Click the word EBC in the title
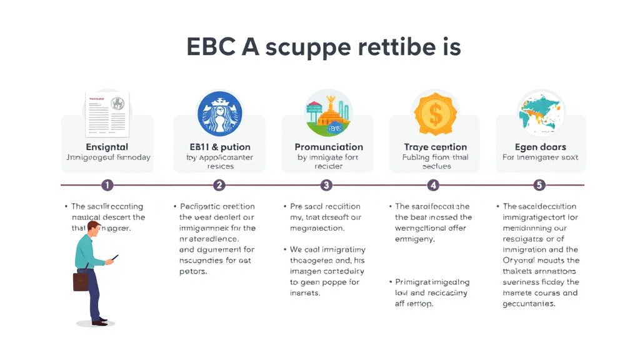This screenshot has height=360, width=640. pyautogui.click(x=211, y=47)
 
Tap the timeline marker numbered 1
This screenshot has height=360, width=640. pyautogui.click(x=107, y=185)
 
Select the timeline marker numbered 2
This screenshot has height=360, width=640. pyautogui.click(x=219, y=185)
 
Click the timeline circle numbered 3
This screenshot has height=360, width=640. pyautogui.click(x=326, y=185)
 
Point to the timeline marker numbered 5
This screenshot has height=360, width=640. pyautogui.click(x=539, y=185)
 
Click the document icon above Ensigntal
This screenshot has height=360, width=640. pyautogui.click(x=107, y=114)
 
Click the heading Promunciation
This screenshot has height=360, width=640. pyautogui.click(x=328, y=147)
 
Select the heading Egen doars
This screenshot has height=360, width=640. pyautogui.click(x=541, y=147)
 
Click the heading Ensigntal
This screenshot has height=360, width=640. pyautogui.click(x=107, y=147)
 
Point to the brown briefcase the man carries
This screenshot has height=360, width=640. pyautogui.click(x=81, y=281)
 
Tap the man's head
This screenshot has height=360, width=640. pyautogui.click(x=94, y=228)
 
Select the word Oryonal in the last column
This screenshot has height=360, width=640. pyautogui.click(x=520, y=261)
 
